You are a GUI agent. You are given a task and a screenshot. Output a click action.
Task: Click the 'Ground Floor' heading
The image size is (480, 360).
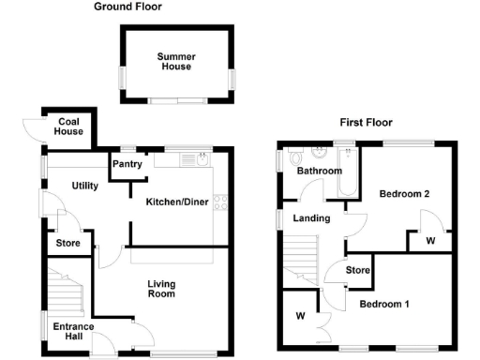[127, 7]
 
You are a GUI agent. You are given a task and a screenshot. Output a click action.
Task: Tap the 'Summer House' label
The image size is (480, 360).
[173, 61]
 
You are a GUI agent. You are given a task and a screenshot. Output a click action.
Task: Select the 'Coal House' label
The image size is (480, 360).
[70, 127]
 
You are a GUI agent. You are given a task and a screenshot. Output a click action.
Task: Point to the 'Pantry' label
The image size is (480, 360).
[127, 165]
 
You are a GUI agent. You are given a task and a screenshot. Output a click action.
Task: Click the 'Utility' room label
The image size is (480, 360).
[85, 186]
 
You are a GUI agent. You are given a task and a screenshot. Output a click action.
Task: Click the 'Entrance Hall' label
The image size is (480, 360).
[71, 331]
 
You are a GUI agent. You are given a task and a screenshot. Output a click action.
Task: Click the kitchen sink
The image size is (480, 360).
[201, 162]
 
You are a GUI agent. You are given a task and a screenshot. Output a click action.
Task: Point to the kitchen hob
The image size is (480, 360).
[222, 200]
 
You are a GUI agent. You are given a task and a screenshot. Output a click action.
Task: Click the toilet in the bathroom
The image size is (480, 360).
[294, 157]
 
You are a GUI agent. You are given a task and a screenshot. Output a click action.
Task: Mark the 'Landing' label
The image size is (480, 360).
[310, 219]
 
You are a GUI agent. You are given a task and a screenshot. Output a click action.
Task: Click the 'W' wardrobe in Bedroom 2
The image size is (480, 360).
[429, 241]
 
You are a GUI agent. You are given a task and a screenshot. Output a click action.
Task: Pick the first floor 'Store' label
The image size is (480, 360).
[358, 272]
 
